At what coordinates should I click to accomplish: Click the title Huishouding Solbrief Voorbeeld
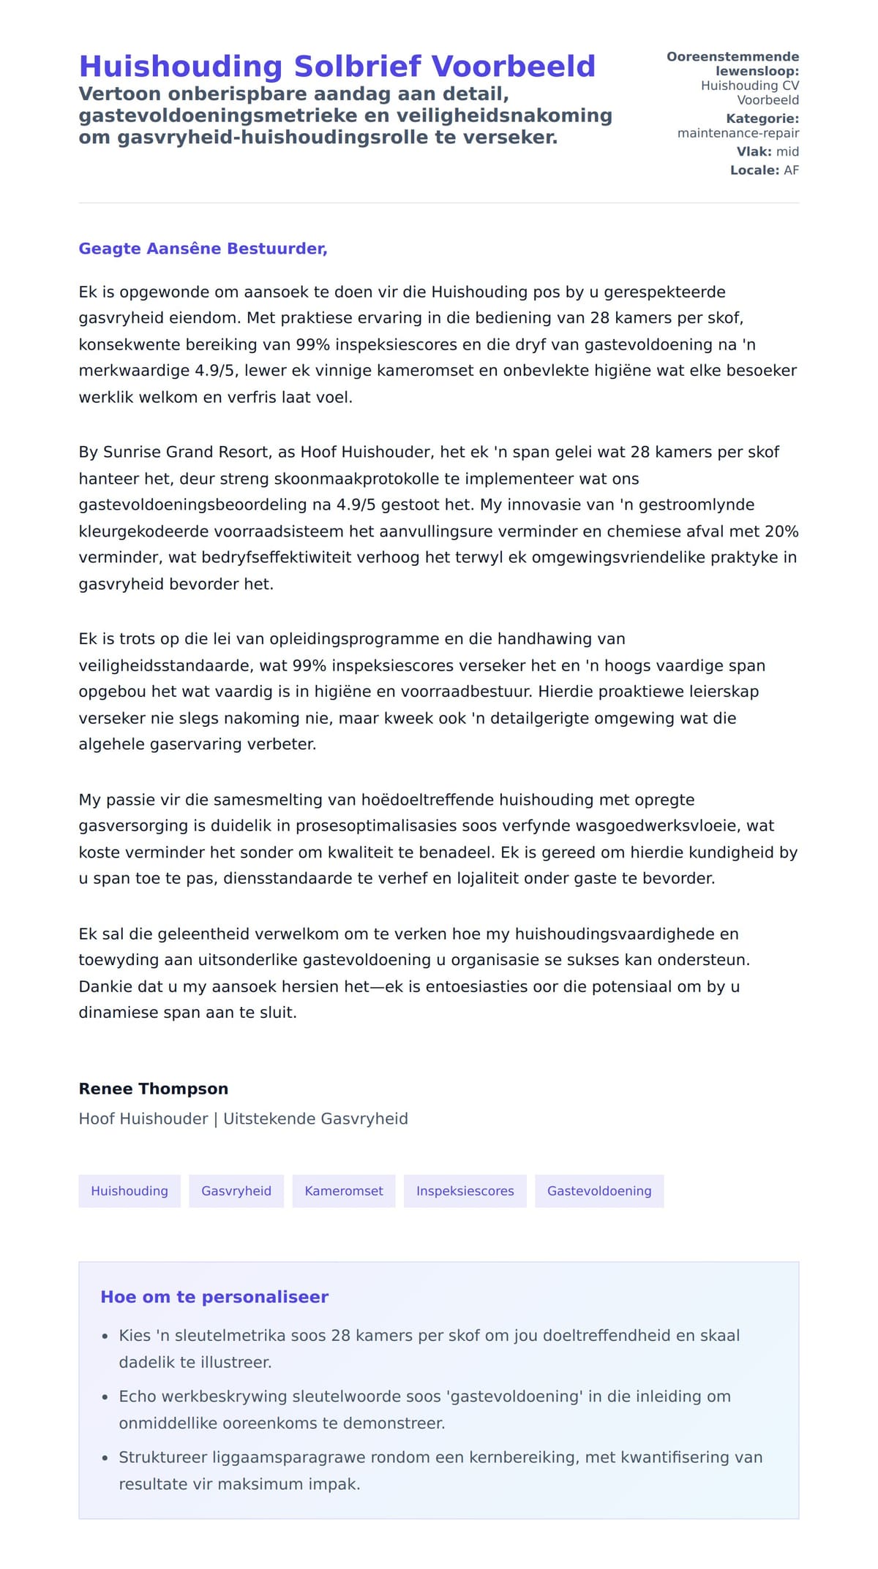tap(337, 67)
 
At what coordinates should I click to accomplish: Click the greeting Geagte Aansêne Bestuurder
tap(203, 249)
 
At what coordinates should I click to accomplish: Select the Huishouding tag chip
tap(130, 1191)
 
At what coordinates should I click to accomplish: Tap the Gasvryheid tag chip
tap(236, 1191)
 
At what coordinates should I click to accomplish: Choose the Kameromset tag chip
tap(344, 1191)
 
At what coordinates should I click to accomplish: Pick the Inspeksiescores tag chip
tap(465, 1191)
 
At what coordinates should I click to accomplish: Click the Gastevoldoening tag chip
tap(599, 1191)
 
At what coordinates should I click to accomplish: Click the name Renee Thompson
tap(154, 1089)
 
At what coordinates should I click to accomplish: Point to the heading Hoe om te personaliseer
tap(214, 1297)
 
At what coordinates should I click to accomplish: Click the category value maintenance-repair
tap(738, 133)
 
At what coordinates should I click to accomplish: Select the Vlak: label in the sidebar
tap(754, 151)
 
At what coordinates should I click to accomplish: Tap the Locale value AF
tap(791, 170)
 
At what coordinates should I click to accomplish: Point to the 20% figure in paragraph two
tap(781, 532)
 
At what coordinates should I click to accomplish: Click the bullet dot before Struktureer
tap(105, 1458)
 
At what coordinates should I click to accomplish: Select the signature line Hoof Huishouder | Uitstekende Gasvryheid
tap(243, 1119)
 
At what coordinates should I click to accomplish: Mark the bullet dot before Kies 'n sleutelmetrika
tap(105, 1337)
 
